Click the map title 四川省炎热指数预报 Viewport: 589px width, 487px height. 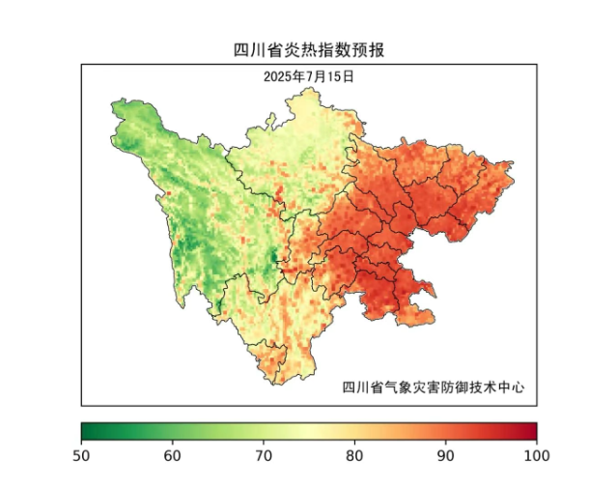tap(309, 49)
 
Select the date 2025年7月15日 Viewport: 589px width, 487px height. tap(309, 75)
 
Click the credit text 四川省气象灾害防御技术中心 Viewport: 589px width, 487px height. tap(434, 387)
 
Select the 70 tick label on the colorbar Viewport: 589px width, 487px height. tap(264, 454)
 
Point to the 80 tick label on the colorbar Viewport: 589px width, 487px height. tap(354, 454)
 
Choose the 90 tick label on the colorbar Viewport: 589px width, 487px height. tap(445, 454)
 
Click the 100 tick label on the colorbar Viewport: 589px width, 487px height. tap(535, 454)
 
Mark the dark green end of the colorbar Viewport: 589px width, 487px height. tap(86, 431)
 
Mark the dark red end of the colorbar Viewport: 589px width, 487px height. tap(532, 431)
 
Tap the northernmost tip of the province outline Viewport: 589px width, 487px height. tap(311, 89)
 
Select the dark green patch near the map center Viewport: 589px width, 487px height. tap(274, 258)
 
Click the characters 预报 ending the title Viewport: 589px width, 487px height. tap(372, 49)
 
